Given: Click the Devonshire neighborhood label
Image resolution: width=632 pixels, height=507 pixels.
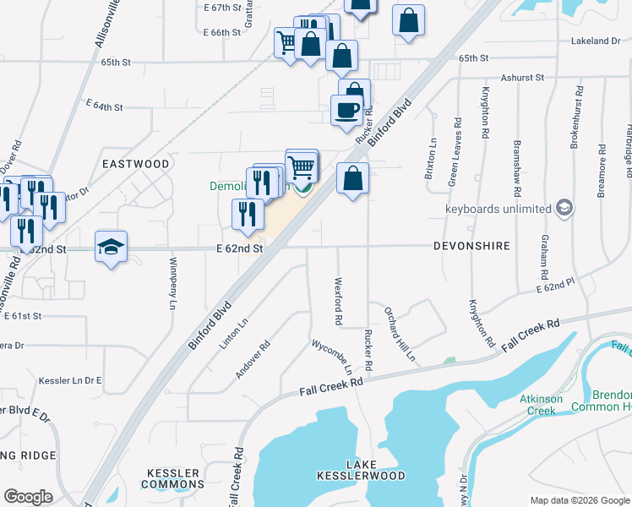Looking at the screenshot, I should [x=471, y=246].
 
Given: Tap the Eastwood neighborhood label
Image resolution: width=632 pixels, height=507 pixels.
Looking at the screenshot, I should [x=136, y=163].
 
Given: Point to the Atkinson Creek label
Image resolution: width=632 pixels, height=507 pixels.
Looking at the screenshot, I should [x=531, y=406].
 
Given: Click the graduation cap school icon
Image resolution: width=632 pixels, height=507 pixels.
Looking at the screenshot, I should [x=111, y=247].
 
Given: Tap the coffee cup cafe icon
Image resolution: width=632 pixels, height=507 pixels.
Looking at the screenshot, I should [x=346, y=110].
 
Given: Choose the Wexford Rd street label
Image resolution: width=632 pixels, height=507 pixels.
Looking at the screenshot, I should [x=338, y=302].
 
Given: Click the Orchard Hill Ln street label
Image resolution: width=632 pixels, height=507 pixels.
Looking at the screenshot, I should [x=400, y=334].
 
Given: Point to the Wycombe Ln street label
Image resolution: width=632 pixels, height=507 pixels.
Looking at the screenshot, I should [x=333, y=357].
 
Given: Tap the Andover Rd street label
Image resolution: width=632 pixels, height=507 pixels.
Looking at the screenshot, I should [x=253, y=359].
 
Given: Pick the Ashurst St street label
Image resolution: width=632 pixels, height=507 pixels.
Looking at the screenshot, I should [x=522, y=77].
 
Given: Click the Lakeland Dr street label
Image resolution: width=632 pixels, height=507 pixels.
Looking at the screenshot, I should [x=596, y=41].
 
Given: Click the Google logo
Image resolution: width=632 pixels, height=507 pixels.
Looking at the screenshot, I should [x=28, y=497].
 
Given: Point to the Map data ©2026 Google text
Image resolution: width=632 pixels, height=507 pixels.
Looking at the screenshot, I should [x=579, y=500].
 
